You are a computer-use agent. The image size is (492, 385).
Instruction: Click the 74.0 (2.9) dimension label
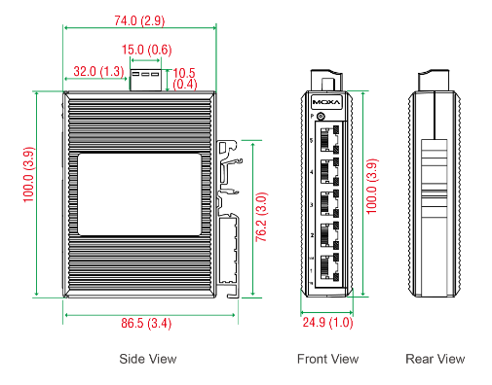pyautogui.click(x=138, y=19)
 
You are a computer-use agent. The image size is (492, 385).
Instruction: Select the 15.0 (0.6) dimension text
pyautogui.click(x=146, y=50)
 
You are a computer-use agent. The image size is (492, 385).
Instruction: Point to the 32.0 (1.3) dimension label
pyautogui.click(x=98, y=71)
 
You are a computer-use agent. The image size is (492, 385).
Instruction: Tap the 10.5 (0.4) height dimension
pyautogui.click(x=185, y=78)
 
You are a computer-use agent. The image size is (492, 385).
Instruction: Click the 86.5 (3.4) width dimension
pyautogui.click(x=147, y=322)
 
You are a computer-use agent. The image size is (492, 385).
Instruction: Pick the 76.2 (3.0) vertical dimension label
pyautogui.click(x=262, y=218)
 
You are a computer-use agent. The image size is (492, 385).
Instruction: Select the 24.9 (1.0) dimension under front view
pyautogui.click(x=327, y=322)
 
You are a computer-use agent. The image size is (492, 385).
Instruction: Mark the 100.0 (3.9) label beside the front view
pyautogui.click(x=370, y=192)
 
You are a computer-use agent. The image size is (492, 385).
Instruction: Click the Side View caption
pyautogui.click(x=148, y=359)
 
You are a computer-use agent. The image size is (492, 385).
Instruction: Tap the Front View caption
pyautogui.click(x=327, y=359)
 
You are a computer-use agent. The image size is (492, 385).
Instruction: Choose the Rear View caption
pyautogui.click(x=435, y=359)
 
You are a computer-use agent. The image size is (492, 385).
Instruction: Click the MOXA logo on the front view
pyautogui.click(x=326, y=101)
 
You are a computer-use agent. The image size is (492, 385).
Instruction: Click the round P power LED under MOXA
pyautogui.click(x=321, y=116)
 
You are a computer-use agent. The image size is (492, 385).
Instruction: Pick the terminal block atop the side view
pyautogui.click(x=145, y=77)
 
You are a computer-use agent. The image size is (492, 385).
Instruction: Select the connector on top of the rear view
pyautogui.click(x=434, y=79)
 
